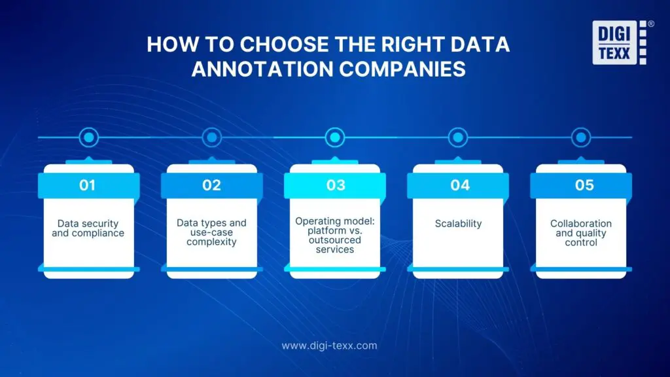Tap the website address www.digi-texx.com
[x=329, y=345]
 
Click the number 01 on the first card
[x=88, y=185]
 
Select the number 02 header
[x=211, y=185]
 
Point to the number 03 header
[x=336, y=185]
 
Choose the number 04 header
[x=459, y=185]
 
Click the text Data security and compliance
[x=88, y=228]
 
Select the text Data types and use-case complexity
[x=211, y=232]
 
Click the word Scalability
[x=458, y=224]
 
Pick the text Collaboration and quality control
[x=582, y=233]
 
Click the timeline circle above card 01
[x=88, y=137]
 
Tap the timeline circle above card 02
[x=211, y=137]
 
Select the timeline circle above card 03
[x=335, y=137]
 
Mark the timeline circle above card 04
[x=458, y=137]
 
